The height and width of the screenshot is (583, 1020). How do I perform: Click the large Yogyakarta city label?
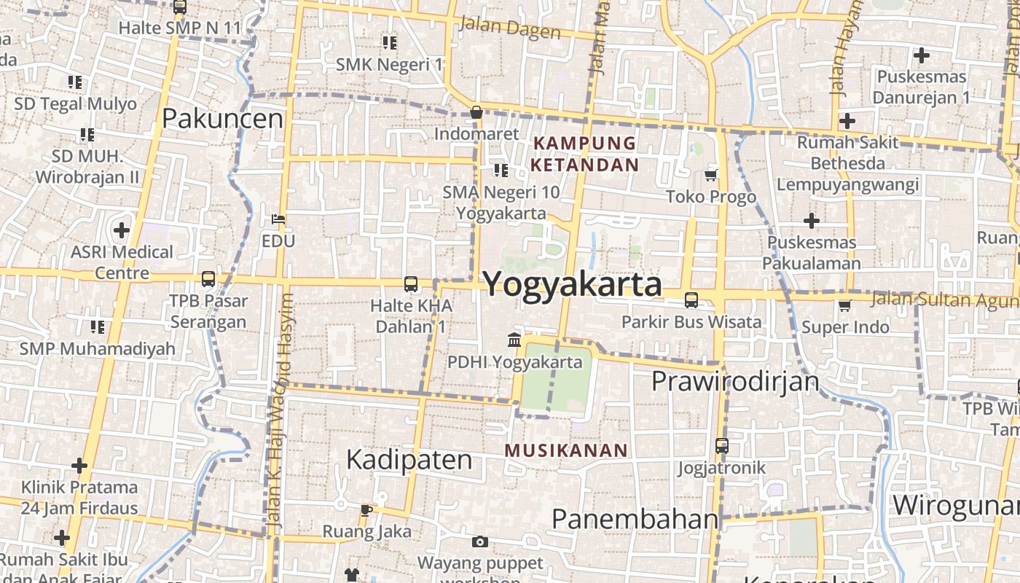573,284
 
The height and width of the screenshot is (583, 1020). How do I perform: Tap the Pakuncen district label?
222,118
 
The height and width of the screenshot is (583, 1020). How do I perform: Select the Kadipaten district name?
409,460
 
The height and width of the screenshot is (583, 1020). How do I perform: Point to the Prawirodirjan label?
735,381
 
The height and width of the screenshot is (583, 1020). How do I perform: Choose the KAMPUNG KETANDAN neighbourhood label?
584,154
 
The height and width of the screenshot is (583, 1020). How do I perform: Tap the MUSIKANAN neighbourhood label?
565,450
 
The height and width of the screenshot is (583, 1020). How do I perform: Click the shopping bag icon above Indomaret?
476,112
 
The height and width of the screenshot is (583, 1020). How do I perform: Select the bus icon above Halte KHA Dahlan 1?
411,284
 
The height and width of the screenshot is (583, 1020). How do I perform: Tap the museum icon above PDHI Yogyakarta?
514,340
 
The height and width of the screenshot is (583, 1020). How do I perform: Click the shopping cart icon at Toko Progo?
711,175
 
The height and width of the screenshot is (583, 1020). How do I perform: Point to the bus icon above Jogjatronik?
721,445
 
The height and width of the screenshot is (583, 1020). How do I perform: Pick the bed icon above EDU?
278,219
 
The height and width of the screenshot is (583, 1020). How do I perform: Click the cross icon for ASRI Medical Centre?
122,231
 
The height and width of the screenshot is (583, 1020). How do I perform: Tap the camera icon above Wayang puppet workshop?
479,541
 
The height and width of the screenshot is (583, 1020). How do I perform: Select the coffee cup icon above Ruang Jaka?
366,510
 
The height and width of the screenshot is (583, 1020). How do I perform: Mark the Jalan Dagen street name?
510,29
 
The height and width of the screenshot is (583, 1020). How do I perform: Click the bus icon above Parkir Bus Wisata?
691,300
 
